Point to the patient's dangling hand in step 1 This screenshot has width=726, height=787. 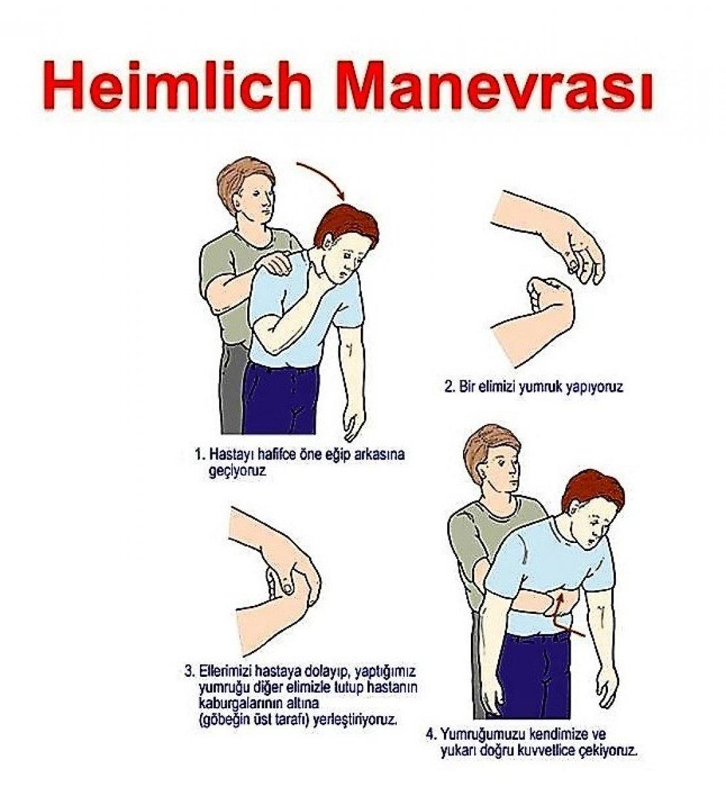(x=350, y=420)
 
